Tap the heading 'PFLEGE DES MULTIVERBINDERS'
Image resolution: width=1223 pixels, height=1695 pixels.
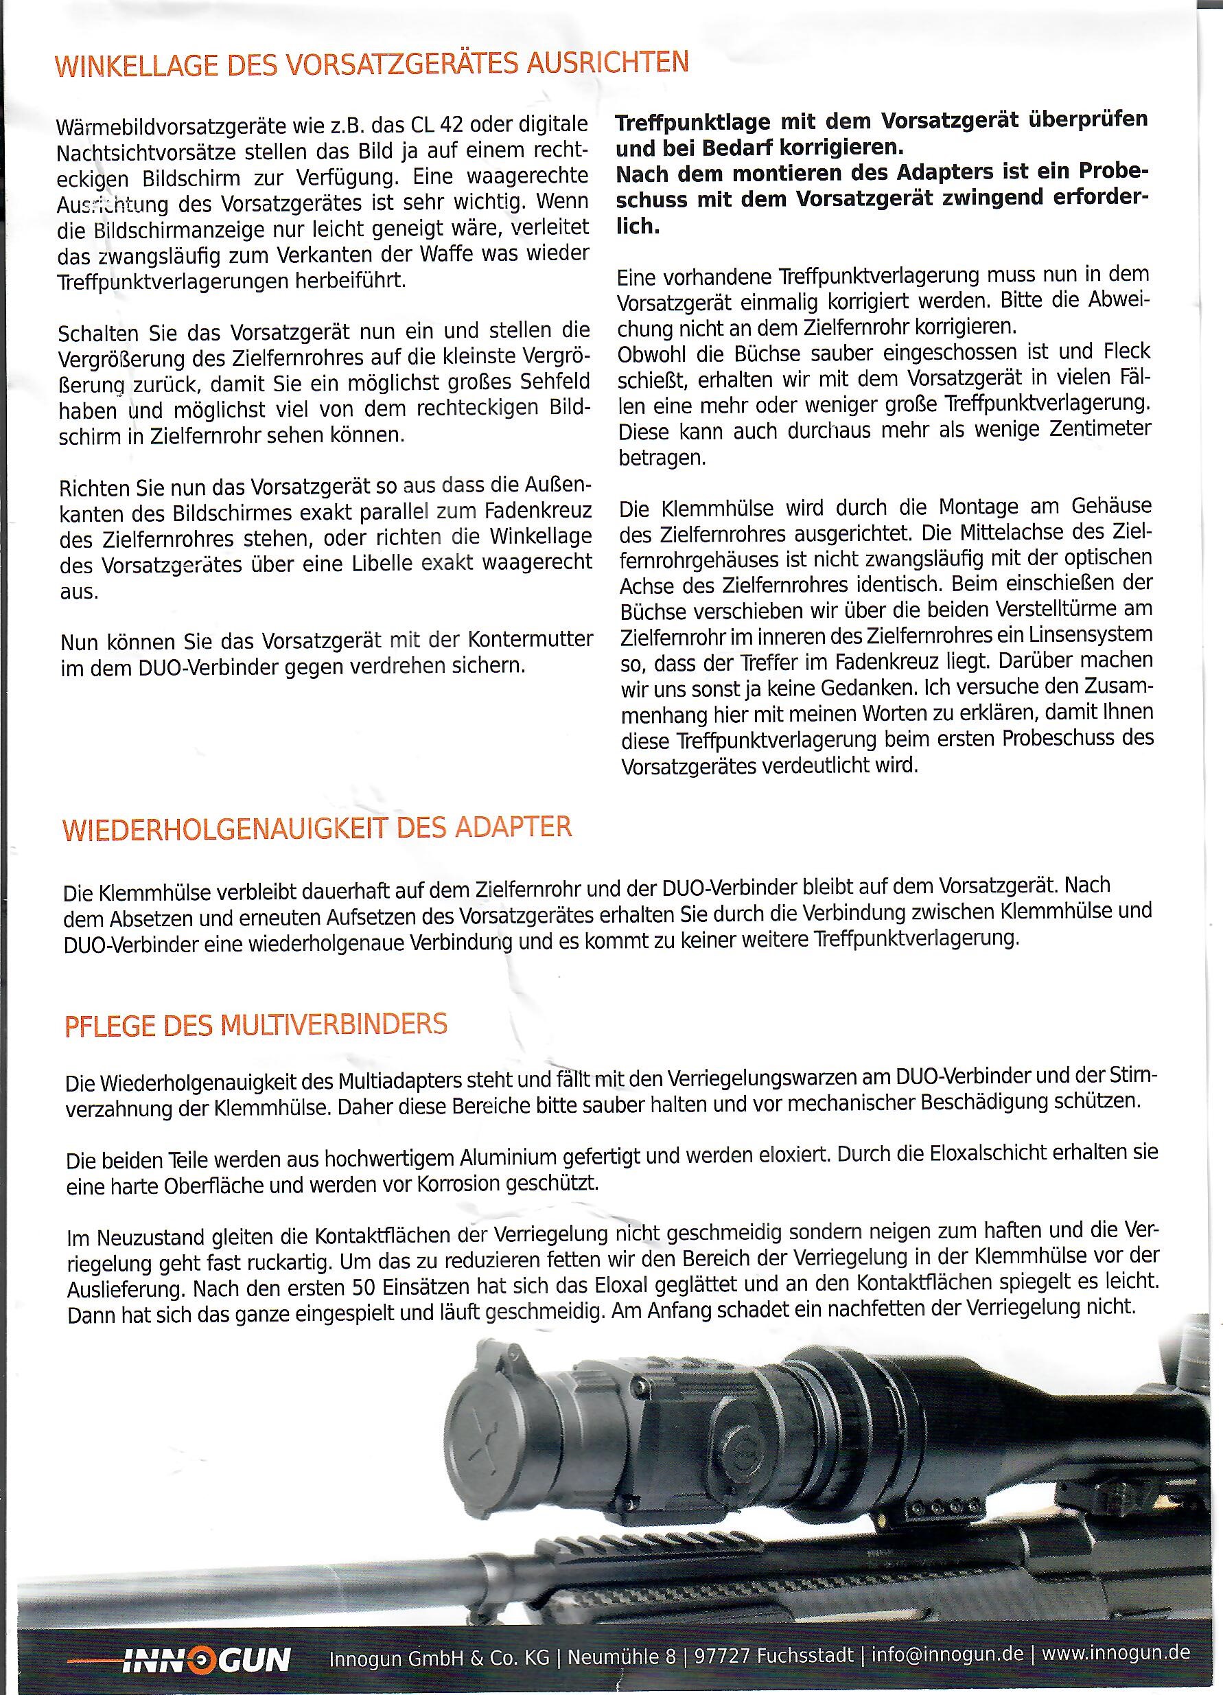[256, 1024]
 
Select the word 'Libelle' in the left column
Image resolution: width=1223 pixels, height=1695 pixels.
[394, 562]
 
